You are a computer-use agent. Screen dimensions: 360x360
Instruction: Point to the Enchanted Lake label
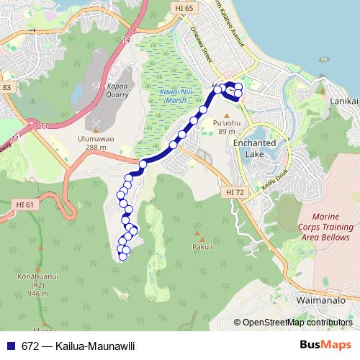pyautogui.click(x=254, y=148)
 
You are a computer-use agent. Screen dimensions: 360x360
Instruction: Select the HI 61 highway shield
pyautogui.click(x=24, y=205)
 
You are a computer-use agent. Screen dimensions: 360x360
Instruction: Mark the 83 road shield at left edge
pyautogui.click(x=6, y=87)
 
